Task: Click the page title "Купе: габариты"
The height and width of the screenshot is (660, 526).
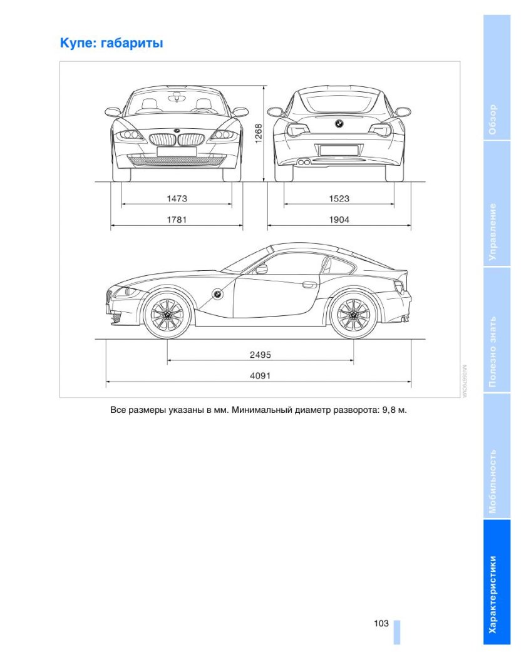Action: pyautogui.click(x=111, y=43)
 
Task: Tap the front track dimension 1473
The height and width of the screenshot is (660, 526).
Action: pyautogui.click(x=177, y=198)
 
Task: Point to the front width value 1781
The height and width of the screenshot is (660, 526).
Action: pyautogui.click(x=177, y=220)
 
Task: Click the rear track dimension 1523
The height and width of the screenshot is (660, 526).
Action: pyautogui.click(x=339, y=198)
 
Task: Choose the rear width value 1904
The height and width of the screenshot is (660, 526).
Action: pyautogui.click(x=339, y=220)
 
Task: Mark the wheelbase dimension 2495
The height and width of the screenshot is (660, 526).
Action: pyautogui.click(x=260, y=355)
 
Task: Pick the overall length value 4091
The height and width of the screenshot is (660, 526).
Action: pyautogui.click(x=260, y=375)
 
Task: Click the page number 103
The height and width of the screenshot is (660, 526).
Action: pyautogui.click(x=381, y=623)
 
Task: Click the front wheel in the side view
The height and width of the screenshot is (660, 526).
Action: pyautogui.click(x=168, y=314)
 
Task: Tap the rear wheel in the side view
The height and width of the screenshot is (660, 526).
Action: pyautogui.click(x=353, y=314)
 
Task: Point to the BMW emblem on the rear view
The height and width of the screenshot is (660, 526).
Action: pyautogui.click(x=339, y=123)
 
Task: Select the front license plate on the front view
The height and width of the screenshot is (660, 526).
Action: pyautogui.click(x=176, y=151)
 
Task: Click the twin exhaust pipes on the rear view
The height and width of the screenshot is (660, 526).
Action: pyautogui.click(x=305, y=163)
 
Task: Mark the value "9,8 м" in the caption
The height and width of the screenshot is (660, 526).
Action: pyautogui.click(x=394, y=411)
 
